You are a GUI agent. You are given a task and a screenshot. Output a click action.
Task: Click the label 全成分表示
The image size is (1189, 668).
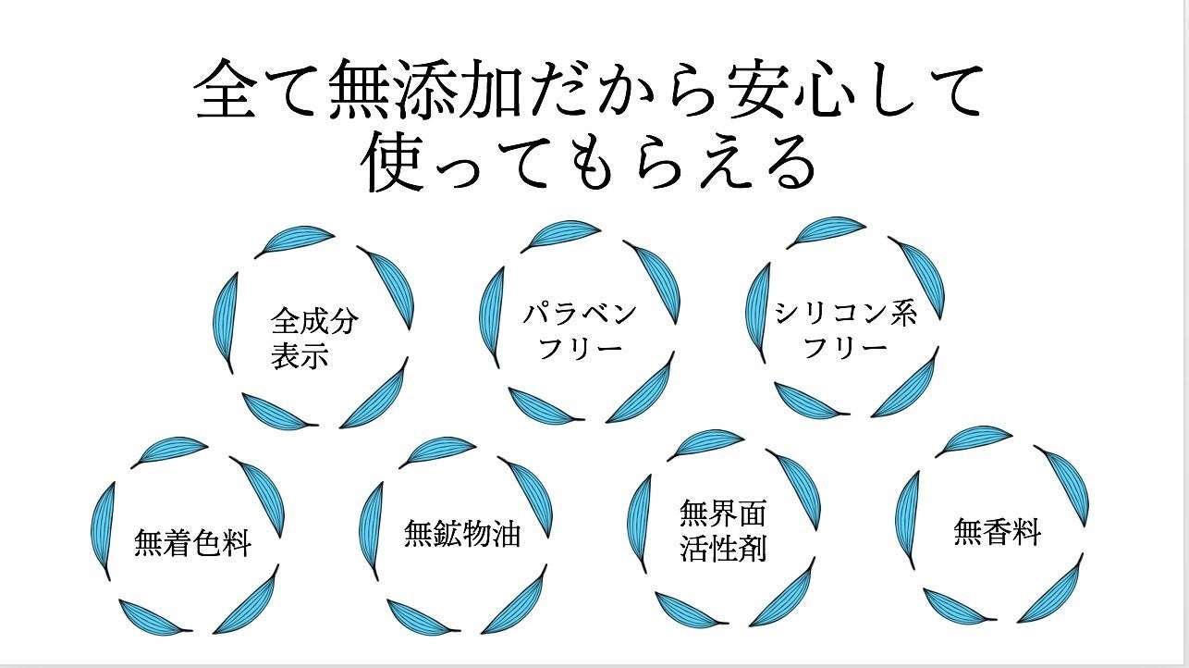coord(314,338)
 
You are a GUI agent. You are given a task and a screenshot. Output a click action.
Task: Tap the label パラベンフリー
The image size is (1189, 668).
coord(580,331)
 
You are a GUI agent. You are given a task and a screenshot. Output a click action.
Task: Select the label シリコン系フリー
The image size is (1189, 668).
coord(846,329)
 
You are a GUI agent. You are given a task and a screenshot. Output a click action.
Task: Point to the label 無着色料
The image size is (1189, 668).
coord(192,543)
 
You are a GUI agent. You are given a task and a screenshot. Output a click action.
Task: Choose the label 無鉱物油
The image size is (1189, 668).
coord(462,533)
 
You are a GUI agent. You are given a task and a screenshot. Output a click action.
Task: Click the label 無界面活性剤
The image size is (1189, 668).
coord(724,530)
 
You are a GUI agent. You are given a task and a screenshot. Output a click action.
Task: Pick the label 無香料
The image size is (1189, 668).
coord(998,532)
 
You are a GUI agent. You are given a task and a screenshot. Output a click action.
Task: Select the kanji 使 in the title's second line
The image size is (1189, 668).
coord(393,161)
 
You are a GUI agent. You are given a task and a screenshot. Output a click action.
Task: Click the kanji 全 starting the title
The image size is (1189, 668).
coord(227,88)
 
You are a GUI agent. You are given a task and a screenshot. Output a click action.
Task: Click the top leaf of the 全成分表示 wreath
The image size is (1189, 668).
coord(294,241)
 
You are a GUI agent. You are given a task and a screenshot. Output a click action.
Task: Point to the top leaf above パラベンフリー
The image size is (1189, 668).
coord(560,236)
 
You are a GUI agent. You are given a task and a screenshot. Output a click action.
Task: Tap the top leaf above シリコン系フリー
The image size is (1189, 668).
coord(826,232)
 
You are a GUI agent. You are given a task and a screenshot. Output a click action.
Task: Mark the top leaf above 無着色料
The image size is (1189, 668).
coord(169,452)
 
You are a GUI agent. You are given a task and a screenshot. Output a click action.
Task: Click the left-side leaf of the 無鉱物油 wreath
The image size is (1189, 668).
coord(371,531)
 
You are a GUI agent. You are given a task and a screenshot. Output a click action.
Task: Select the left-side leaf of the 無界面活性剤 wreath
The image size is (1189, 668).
coord(640,524)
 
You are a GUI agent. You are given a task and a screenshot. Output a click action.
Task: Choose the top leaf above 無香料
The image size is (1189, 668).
coord(974,441)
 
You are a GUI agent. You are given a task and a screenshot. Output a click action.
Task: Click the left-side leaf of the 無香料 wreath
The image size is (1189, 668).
coord(907,520)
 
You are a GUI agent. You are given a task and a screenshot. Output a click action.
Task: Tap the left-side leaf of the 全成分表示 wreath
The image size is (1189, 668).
coord(225,323)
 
